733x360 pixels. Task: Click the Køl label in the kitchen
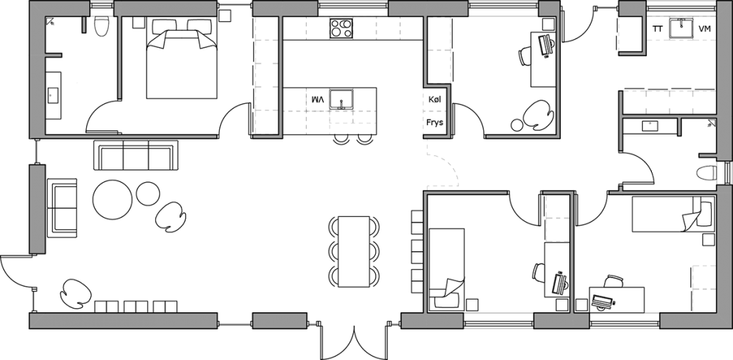(x=435, y=100)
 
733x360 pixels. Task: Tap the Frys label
(x=435, y=122)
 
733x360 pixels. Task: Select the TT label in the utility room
(x=658, y=29)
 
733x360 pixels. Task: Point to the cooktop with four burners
(x=341, y=28)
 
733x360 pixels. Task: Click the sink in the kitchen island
(x=342, y=100)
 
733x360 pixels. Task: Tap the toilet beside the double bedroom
(x=100, y=26)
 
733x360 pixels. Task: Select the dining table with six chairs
(x=354, y=251)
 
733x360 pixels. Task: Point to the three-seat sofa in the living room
(x=135, y=155)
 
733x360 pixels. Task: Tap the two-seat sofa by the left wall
(x=62, y=207)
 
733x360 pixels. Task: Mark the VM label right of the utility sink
(x=705, y=29)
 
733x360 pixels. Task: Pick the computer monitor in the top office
(x=547, y=45)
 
